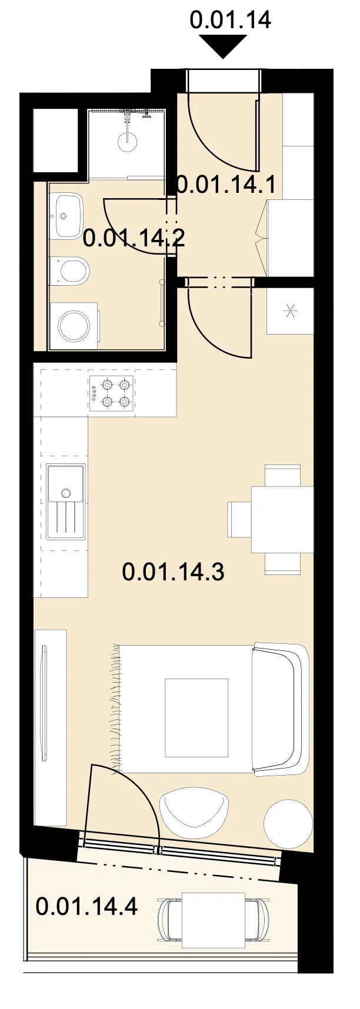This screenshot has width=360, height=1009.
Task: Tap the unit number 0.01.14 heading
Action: pos(230,19)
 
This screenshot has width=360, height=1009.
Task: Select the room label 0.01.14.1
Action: pos(226,185)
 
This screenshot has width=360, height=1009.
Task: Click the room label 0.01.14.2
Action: pos(134,238)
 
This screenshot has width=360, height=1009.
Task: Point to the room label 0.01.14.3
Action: pos(174,572)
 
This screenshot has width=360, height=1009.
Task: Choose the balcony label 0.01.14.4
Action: pos(87,906)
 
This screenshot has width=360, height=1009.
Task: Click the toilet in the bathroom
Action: pos(69,271)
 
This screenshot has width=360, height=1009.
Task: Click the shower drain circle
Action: pos(127,142)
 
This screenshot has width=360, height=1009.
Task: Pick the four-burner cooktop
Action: pos(111,393)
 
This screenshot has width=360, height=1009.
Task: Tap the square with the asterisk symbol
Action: pos(291,311)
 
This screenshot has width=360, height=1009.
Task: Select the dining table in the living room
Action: pos(282,519)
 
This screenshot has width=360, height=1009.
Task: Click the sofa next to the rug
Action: pos(281,709)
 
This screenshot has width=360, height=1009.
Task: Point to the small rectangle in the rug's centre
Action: pos(196,718)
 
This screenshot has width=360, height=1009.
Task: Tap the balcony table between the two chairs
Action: pos(214,920)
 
